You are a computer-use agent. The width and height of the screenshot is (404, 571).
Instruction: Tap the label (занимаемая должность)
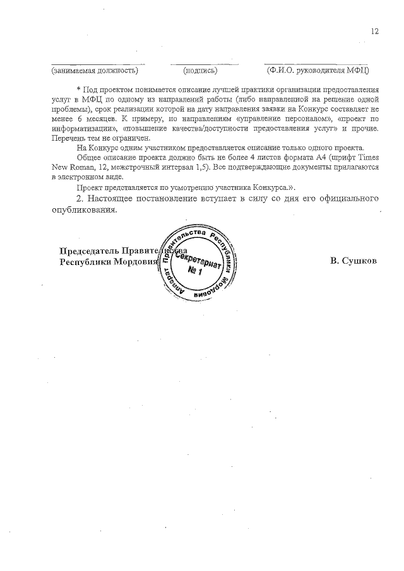95,70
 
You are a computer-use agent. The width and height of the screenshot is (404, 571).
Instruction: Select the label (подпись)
200,70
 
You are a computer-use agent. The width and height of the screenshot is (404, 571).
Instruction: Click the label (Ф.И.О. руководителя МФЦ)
318,70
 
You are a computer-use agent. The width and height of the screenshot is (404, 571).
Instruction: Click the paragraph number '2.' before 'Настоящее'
79,198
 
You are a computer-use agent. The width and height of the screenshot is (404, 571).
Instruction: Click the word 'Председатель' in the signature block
88,250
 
